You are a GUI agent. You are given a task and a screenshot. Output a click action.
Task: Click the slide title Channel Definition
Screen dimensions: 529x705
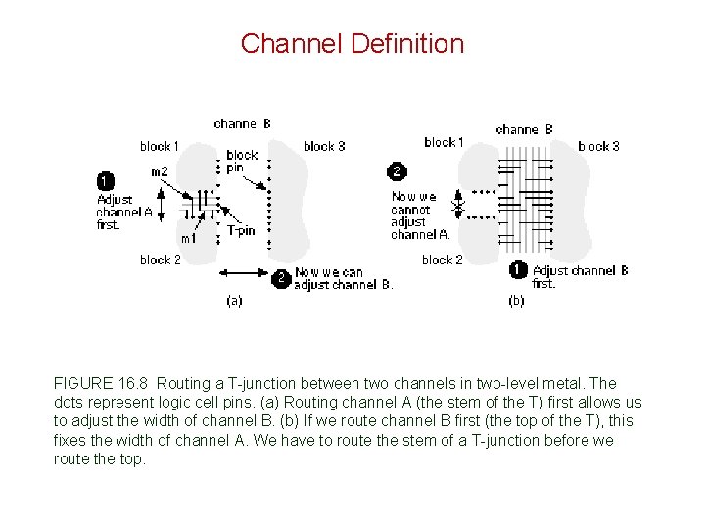pos(352,44)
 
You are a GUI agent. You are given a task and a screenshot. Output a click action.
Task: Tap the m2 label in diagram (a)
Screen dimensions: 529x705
pos(159,172)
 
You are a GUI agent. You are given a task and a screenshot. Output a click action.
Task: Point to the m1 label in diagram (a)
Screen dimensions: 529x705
pos(188,238)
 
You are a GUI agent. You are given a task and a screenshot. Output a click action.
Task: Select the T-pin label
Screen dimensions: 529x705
pos(241,231)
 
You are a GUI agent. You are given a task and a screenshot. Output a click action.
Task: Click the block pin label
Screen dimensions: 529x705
pos(242,161)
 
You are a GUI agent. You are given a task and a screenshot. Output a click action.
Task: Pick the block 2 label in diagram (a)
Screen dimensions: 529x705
pos(160,260)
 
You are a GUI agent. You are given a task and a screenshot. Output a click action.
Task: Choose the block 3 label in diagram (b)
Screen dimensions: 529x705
pos(598,146)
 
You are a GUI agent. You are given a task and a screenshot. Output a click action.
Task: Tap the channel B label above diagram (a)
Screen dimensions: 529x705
pos(242,123)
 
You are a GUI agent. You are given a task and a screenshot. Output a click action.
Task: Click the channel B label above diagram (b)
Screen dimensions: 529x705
pos(524,129)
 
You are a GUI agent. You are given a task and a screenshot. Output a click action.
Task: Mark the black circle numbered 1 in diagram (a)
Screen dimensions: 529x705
pos(105,181)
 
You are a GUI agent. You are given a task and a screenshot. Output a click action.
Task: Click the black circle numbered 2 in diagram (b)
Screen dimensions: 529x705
pos(397,171)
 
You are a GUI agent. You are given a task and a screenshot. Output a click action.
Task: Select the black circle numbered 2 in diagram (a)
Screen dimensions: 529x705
pos(281,278)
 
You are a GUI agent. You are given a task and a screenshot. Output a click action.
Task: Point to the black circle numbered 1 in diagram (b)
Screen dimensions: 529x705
pos(518,270)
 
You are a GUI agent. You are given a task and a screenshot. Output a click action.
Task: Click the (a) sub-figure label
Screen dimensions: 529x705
pos(234,301)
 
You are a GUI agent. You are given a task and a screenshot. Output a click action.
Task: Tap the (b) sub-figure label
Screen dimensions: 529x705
pos(516,301)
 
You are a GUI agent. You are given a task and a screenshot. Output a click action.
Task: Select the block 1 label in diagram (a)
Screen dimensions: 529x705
pos(160,146)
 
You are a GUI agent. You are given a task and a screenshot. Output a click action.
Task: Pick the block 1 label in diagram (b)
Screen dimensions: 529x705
pos(444,142)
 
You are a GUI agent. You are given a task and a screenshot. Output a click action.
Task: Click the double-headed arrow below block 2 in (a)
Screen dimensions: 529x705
pos(244,271)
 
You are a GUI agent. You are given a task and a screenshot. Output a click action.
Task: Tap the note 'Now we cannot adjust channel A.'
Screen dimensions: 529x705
pos(420,216)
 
